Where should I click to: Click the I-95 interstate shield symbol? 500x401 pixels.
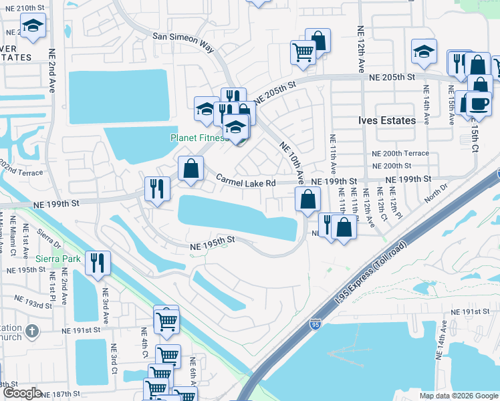[315, 325]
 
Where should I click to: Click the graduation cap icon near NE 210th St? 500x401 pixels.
[32, 27]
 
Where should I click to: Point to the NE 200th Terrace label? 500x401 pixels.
[400, 153]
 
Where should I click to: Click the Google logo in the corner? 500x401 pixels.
[22, 393]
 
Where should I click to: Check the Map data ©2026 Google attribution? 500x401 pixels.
[459, 396]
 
